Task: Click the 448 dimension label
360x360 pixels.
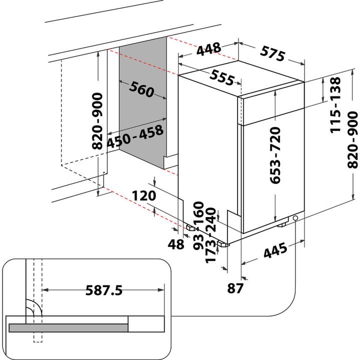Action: click(209, 48)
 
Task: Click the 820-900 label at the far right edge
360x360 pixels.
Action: click(353, 140)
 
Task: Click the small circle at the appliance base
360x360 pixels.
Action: click(296, 218)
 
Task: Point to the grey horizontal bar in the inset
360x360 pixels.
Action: click(68, 328)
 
